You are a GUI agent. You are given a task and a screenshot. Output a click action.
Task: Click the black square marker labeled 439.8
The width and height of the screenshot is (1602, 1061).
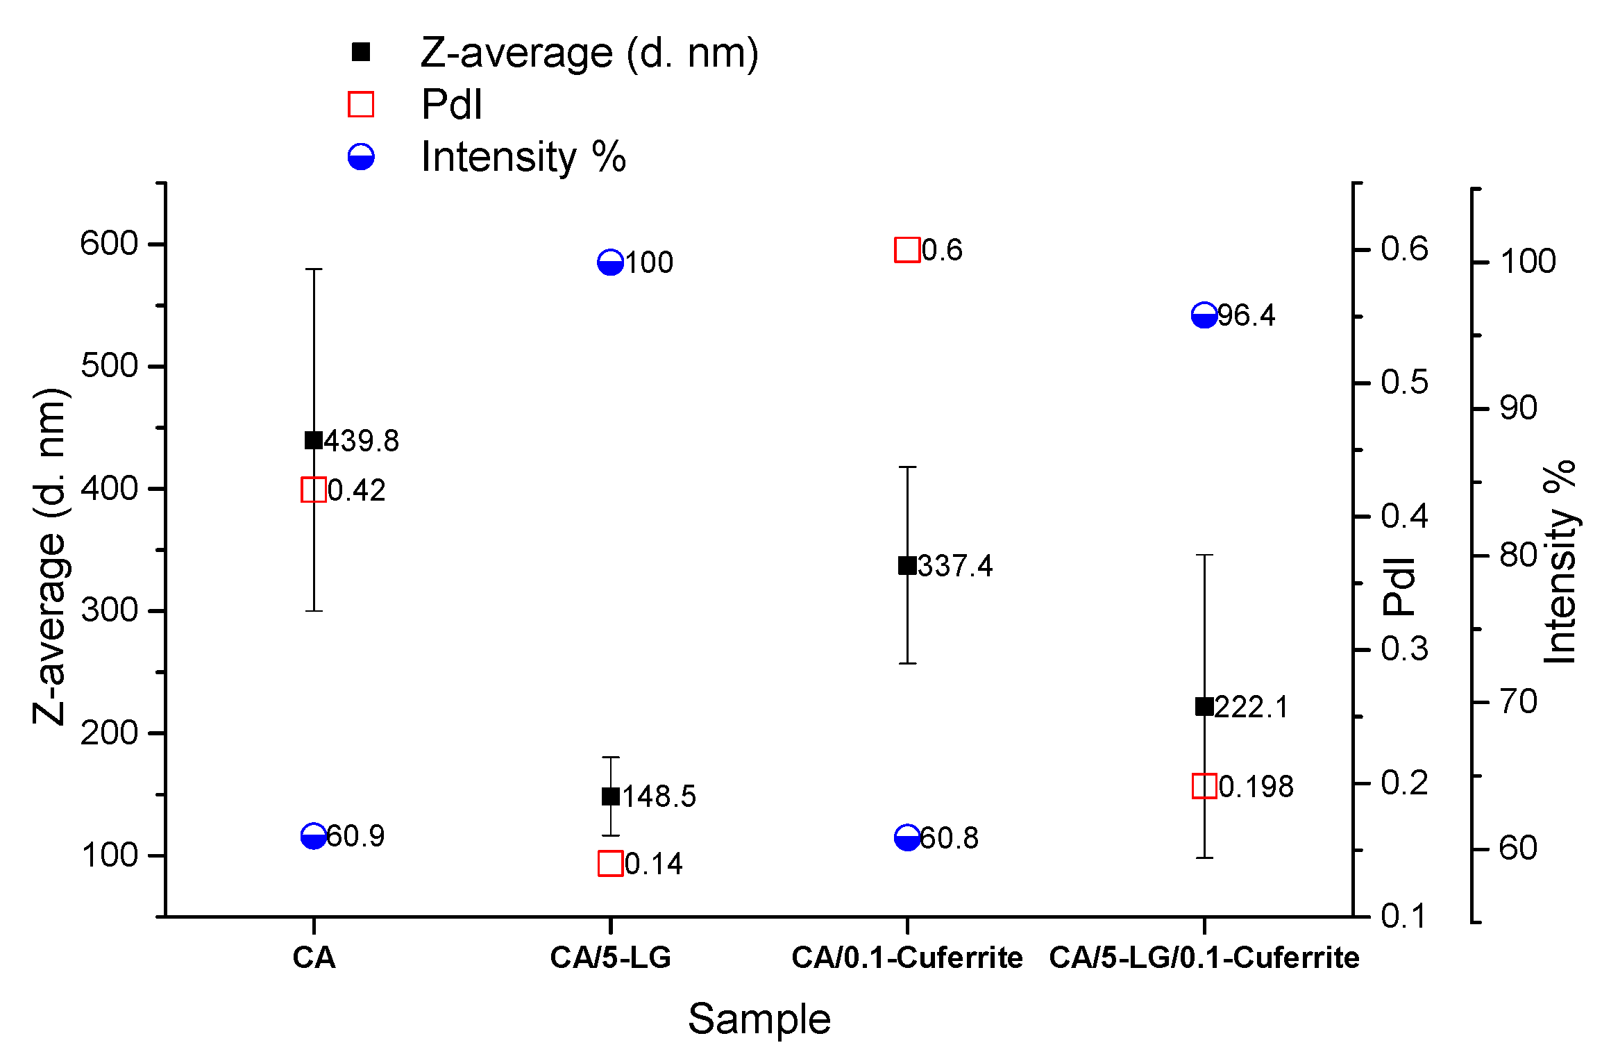pos(314,440)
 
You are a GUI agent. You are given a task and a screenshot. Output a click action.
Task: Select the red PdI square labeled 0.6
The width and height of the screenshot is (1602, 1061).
pos(907,249)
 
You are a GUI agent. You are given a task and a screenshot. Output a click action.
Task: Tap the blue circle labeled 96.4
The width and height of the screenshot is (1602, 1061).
pos(1204,315)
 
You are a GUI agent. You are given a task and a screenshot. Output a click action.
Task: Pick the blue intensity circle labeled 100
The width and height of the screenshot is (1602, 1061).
pos(610,262)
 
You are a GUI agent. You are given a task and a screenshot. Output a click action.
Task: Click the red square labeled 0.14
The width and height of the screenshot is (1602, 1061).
pos(610,864)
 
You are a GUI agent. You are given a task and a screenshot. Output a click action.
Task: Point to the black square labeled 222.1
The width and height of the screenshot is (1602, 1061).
pos(1204,707)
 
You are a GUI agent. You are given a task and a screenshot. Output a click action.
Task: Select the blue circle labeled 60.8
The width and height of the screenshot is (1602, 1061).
pos(907,837)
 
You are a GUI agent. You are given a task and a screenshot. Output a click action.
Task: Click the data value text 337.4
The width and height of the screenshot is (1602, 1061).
pos(956,567)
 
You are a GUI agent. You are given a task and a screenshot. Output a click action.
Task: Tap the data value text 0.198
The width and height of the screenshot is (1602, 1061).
pos(1256,787)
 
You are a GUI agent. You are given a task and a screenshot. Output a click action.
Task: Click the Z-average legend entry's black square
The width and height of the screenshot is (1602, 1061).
pos(361,52)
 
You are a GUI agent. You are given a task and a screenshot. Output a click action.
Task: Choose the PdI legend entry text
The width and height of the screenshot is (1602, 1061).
pos(451,105)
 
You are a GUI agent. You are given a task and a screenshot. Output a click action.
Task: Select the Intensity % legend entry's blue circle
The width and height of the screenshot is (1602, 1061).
pos(361,157)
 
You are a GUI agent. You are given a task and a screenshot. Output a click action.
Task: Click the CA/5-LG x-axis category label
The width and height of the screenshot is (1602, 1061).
pos(610,958)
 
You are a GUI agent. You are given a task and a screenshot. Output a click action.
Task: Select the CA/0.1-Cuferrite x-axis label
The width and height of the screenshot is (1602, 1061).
pos(907,958)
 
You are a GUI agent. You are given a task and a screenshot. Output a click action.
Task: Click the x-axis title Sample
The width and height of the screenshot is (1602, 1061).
pos(759,1019)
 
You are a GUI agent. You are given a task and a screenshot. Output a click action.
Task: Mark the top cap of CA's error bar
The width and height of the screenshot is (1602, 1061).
pos(314,269)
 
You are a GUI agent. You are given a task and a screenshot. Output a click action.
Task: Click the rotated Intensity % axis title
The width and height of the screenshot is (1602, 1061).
pos(1560,561)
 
